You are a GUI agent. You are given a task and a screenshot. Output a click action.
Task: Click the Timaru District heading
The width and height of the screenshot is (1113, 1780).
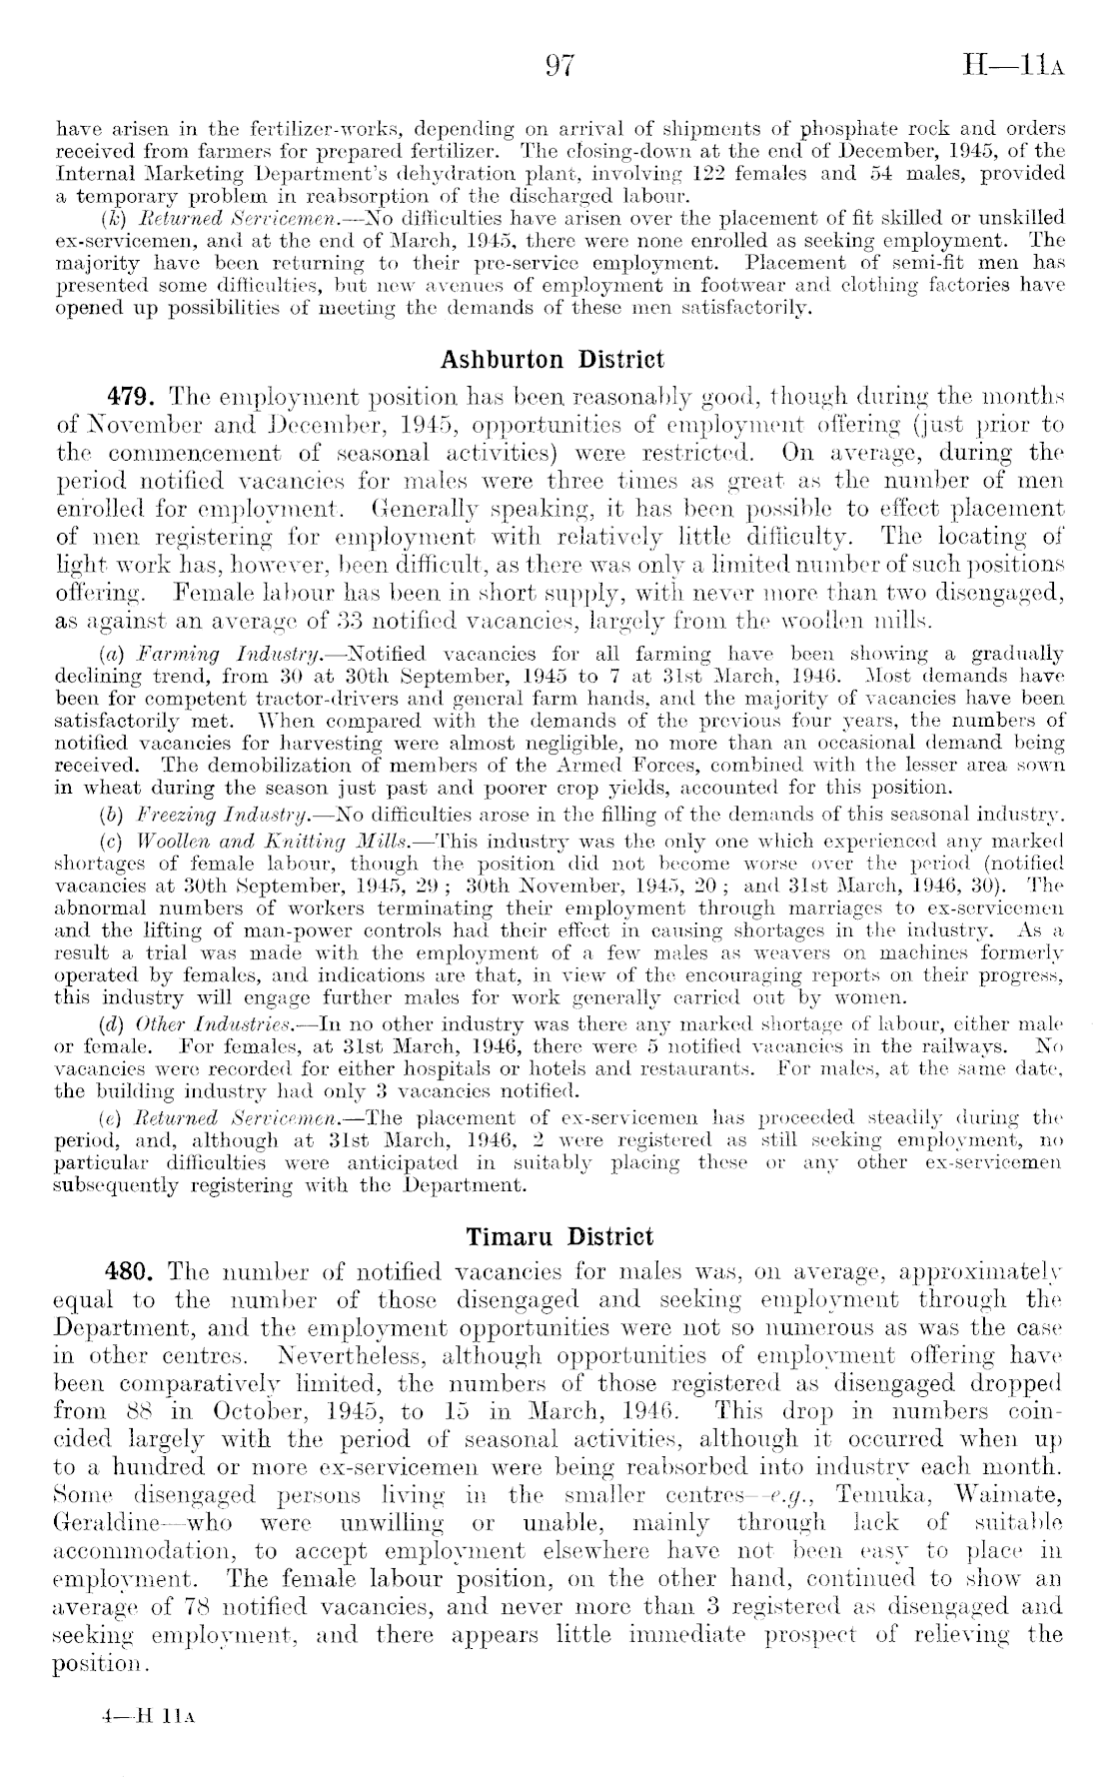coord(559,1236)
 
